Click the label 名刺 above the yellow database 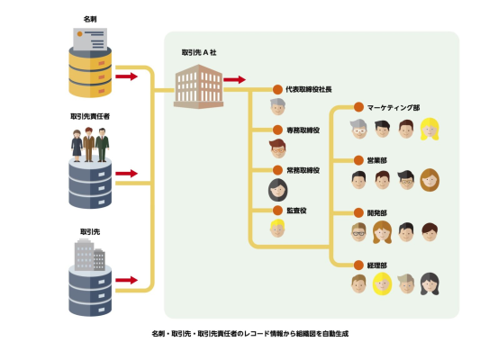[90, 19]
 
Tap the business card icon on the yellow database [90, 40]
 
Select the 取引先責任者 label [90, 116]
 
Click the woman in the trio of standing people [77, 146]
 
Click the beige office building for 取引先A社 [198, 86]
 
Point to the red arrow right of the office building [234, 80]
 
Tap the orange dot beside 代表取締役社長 [277, 90]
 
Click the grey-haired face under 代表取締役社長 [277, 107]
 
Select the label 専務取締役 [303, 130]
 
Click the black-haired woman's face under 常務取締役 [278, 190]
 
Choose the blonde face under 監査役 [277, 229]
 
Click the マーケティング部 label [394, 108]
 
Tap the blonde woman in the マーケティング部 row [430, 129]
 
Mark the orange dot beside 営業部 [358, 160]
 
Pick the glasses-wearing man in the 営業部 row [406, 180]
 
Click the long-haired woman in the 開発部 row [382, 232]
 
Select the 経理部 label [376, 265]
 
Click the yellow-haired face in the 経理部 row [382, 283]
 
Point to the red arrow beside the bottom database [126, 280]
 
